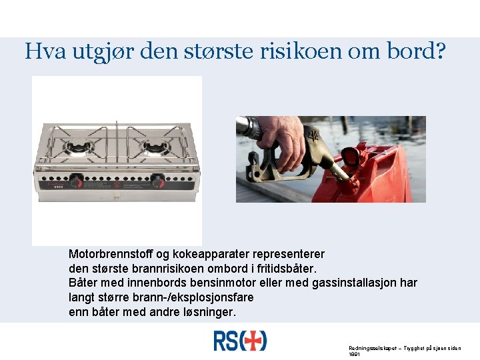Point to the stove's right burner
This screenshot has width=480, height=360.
pos(156,147)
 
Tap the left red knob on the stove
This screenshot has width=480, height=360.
pos(77,181)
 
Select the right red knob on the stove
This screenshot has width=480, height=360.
pos(158,181)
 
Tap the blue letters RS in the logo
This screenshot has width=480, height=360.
pos(226,341)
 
